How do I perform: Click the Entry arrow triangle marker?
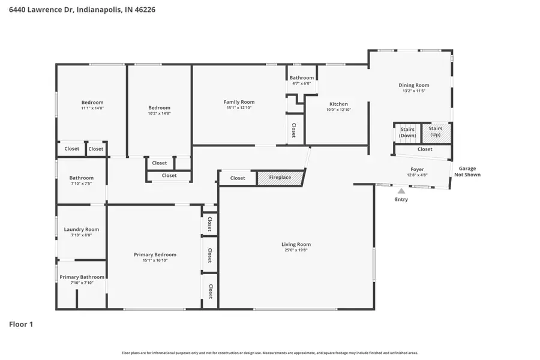(401, 191)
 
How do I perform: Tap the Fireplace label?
(280, 178)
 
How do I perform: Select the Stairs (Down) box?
(407, 133)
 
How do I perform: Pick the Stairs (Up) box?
(436, 132)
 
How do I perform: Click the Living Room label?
(296, 244)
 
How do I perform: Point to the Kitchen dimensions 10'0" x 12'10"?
(338, 110)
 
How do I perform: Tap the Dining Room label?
(414, 85)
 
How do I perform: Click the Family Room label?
(239, 102)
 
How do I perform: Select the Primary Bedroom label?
(155, 254)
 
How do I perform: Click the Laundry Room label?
(81, 229)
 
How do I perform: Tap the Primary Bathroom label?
(82, 277)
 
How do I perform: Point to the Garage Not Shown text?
(467, 172)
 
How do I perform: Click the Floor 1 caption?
(21, 324)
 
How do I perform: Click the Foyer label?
(417, 170)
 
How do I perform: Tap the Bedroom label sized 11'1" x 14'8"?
(92, 103)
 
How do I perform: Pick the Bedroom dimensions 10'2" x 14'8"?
(160, 113)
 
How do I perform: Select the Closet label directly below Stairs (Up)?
(425, 149)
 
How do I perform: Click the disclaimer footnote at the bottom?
(269, 353)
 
